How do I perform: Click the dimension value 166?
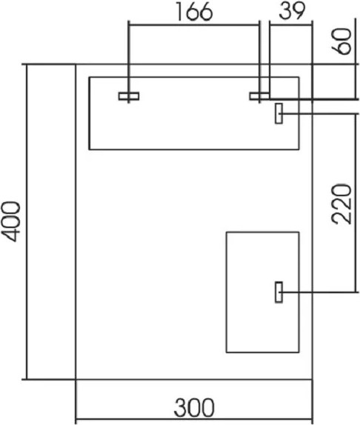[194, 12]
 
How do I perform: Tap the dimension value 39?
[292, 11]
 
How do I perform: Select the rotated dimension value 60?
[341, 41]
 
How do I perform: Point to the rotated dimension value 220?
[341, 204]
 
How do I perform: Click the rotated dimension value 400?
[11, 221]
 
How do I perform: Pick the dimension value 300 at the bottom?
[194, 407]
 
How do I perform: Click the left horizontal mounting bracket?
[129, 96]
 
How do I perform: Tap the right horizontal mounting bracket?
[259, 96]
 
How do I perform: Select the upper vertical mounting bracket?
[279, 113]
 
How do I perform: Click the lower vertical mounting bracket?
[279, 292]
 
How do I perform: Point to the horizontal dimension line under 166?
[194, 25]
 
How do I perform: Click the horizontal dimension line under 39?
[291, 25]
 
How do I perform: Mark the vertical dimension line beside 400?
[27, 221]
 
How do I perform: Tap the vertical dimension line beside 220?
[355, 203]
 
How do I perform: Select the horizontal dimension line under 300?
[194, 419]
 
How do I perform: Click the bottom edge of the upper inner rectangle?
[194, 149]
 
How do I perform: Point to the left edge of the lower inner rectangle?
[227, 292]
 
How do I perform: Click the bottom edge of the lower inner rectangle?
[263, 352]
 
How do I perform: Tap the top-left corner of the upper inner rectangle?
[89, 77]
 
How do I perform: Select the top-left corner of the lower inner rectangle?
[227, 232]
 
